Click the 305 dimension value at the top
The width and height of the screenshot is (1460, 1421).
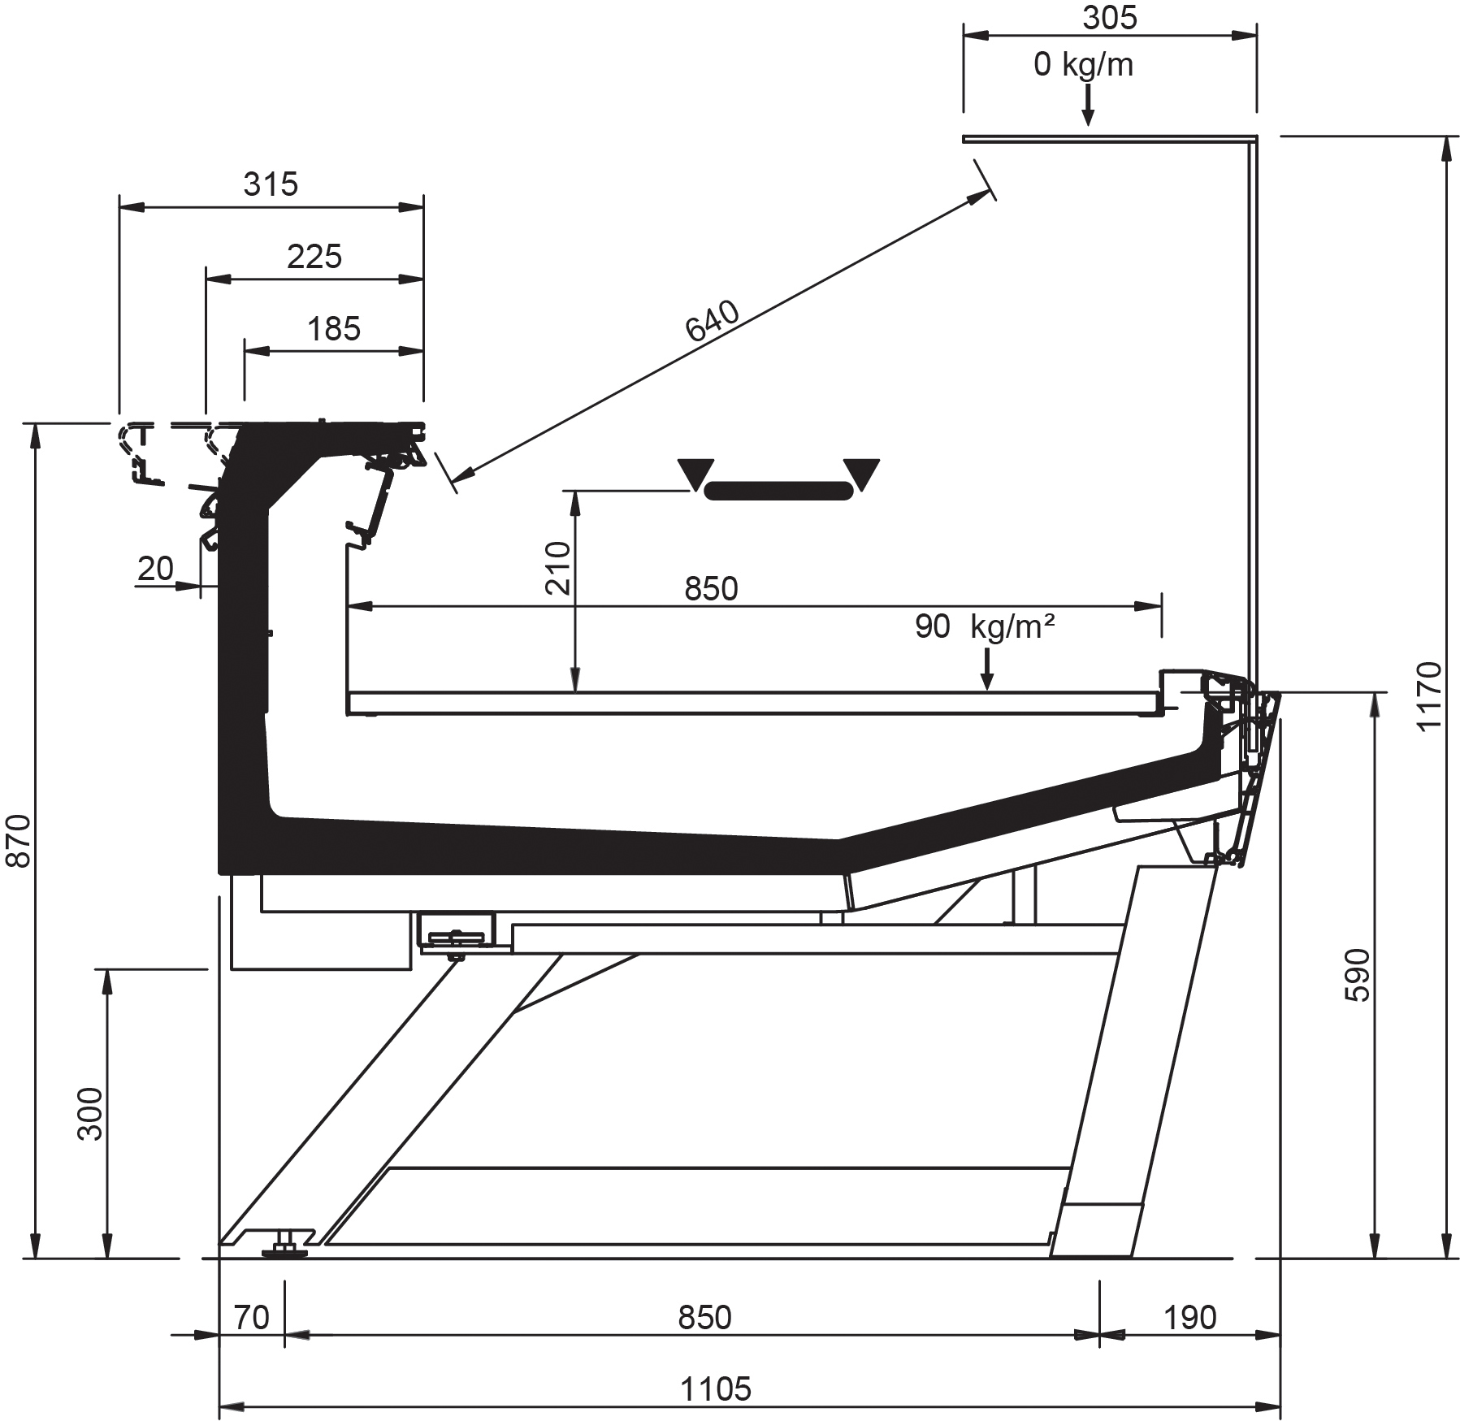tap(1110, 18)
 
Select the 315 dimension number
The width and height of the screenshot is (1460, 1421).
tap(271, 184)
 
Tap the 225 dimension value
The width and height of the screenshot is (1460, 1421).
tap(314, 257)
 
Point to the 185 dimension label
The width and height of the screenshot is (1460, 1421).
tap(334, 329)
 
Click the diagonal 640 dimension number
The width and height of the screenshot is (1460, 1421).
tap(713, 321)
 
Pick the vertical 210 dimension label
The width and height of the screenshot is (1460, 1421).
tap(559, 568)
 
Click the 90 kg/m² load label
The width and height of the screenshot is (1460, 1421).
tap(985, 626)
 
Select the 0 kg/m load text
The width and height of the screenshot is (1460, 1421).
tap(1083, 64)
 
